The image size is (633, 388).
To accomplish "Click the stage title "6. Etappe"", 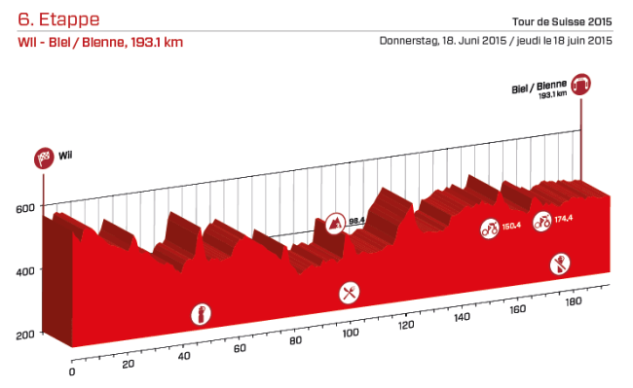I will click(58, 19).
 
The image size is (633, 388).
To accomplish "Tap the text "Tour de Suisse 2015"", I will click(560, 21).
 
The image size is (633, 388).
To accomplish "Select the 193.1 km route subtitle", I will click(100, 42).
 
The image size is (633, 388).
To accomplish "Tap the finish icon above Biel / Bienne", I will click(582, 84).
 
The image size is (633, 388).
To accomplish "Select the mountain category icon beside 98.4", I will click(336, 223).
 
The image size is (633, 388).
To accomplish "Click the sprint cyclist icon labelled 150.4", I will click(489, 229).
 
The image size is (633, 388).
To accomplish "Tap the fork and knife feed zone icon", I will click(349, 292).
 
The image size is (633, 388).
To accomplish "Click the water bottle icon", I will click(202, 314).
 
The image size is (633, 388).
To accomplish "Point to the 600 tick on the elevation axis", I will click(24, 207).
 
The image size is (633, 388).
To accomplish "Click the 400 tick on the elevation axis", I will click(24, 270).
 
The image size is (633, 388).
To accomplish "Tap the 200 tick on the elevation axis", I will click(24, 334).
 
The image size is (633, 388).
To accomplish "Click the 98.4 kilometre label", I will click(356, 222).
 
